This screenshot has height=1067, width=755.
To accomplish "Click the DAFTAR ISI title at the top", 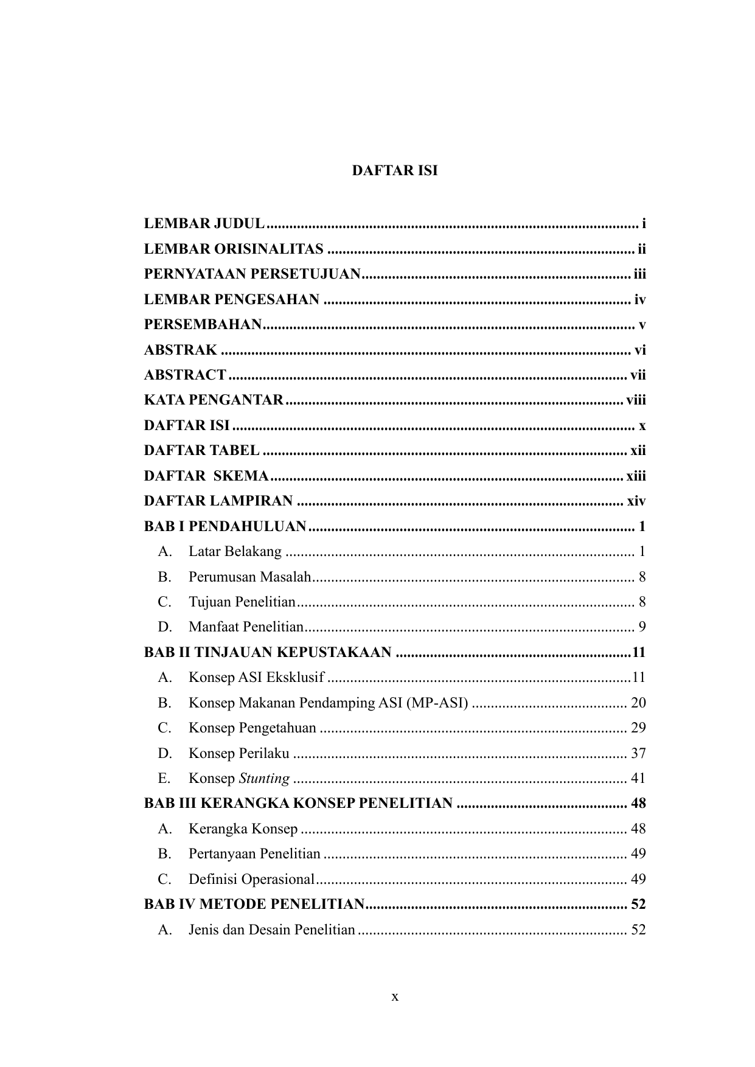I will point(394,171).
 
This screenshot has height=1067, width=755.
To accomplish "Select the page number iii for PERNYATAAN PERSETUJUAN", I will point(639,274).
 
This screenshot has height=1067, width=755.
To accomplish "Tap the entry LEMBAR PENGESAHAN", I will point(232,299).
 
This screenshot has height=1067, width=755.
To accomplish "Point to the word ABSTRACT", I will point(185,375).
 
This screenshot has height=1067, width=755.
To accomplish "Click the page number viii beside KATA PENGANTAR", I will point(636,400).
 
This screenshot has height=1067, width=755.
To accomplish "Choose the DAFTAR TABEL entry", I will point(201,451).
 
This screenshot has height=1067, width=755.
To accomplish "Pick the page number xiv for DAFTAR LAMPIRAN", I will point(636,501).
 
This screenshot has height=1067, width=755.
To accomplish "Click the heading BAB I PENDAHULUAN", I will point(225,526).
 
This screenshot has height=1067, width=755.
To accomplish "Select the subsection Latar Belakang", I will point(235,552).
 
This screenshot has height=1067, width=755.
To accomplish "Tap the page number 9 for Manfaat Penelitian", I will point(642,627).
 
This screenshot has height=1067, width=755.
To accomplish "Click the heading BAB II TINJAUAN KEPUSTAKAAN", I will point(268,653).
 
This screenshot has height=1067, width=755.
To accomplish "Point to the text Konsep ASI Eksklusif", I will point(256,678).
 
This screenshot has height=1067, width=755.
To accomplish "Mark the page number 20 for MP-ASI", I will point(638,703).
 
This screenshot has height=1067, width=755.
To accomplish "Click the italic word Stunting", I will point(264,779).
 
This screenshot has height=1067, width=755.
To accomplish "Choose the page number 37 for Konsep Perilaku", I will point(638,754).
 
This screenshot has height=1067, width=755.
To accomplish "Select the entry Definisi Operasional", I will point(251,880).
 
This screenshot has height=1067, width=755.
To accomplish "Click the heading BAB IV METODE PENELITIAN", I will point(254,905).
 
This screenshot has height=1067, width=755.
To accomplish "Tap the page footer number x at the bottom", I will point(395,997).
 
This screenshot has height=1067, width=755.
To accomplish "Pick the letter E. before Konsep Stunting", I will point(164,779).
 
